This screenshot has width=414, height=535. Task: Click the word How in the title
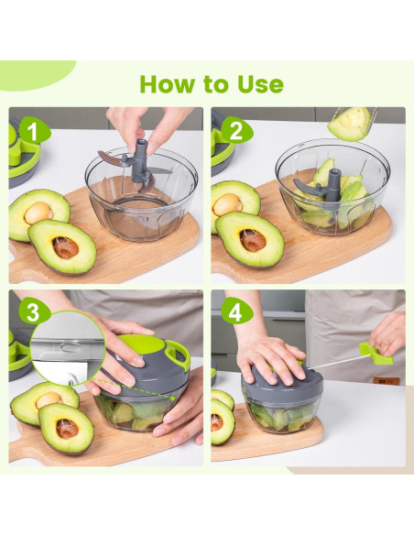click(170, 84)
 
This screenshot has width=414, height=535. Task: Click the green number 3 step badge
click(34, 311)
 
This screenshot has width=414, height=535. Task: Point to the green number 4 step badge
click(235, 311)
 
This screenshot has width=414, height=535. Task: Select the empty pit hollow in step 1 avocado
click(66, 246)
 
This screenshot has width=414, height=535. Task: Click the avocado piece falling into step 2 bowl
click(350, 124)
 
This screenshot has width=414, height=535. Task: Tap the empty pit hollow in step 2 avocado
click(253, 240)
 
